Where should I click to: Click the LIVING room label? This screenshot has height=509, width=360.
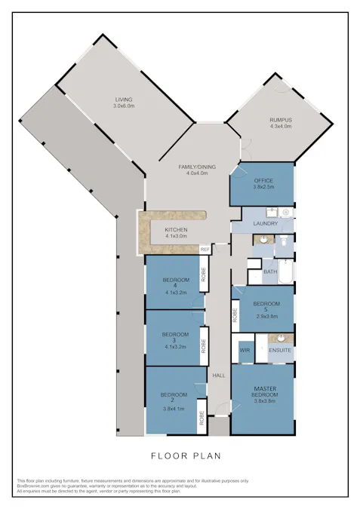pyautogui.click(x=124, y=100)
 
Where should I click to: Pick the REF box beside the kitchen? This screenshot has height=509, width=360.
pyautogui.click(x=205, y=248)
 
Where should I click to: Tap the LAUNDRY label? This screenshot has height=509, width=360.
pyautogui.click(x=266, y=223)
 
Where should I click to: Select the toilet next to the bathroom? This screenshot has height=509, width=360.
pyautogui.click(x=282, y=242)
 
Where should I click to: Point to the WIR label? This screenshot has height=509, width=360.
pyautogui.click(x=245, y=351)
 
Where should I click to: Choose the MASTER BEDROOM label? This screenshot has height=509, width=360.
pyautogui.click(x=264, y=392)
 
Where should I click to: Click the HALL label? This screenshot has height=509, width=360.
pyautogui.click(x=219, y=376)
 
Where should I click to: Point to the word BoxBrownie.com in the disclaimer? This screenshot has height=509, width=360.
pyautogui.click(x=33, y=486)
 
